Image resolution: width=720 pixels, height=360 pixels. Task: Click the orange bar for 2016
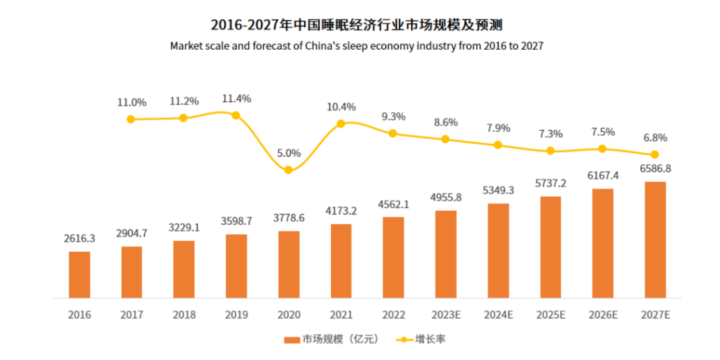79,274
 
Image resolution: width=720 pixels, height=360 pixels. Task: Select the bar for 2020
288,264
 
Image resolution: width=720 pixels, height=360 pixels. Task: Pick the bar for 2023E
445,254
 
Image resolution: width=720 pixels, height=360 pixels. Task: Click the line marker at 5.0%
288,170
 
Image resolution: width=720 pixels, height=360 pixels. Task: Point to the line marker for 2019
235,115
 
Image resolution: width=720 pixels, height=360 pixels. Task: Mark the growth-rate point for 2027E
655,155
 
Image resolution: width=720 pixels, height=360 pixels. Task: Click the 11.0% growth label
131,103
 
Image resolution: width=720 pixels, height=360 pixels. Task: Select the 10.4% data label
341,107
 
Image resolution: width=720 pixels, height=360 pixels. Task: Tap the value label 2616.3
79,238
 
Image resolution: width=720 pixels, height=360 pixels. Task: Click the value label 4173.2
341,211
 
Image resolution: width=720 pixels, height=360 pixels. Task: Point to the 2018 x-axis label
183,314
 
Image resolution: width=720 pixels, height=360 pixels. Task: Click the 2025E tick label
550,314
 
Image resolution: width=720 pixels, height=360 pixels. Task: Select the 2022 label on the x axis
393,314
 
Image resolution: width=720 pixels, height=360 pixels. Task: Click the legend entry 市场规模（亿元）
331,339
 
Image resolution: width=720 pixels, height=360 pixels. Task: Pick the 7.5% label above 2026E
602,132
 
